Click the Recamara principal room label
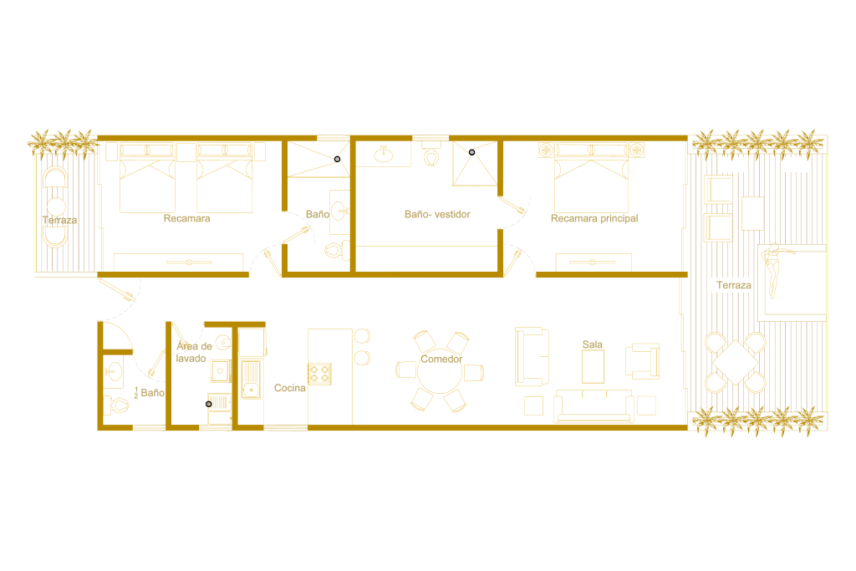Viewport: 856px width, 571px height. pyautogui.click(x=594, y=218)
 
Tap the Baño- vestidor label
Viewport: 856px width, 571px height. pyautogui.click(x=437, y=214)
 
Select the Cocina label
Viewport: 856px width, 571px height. pyautogui.click(x=290, y=388)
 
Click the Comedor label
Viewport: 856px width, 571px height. pyautogui.click(x=441, y=359)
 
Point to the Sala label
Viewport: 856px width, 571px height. pyautogui.click(x=593, y=344)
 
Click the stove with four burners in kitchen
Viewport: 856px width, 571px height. pyautogui.click(x=319, y=373)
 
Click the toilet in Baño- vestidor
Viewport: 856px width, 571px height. pyautogui.click(x=432, y=156)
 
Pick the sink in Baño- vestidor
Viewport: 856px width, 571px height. pyautogui.click(x=384, y=153)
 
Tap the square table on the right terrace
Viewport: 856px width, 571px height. pyautogui.click(x=735, y=363)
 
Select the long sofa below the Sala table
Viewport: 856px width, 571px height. pyautogui.click(x=594, y=405)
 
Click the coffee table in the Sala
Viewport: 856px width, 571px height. pyautogui.click(x=594, y=366)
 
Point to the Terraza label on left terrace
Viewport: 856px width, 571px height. pyautogui.click(x=59, y=221)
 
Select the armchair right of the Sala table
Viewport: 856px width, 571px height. pyautogui.click(x=643, y=360)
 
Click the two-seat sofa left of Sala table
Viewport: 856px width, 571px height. pyautogui.click(x=532, y=356)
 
